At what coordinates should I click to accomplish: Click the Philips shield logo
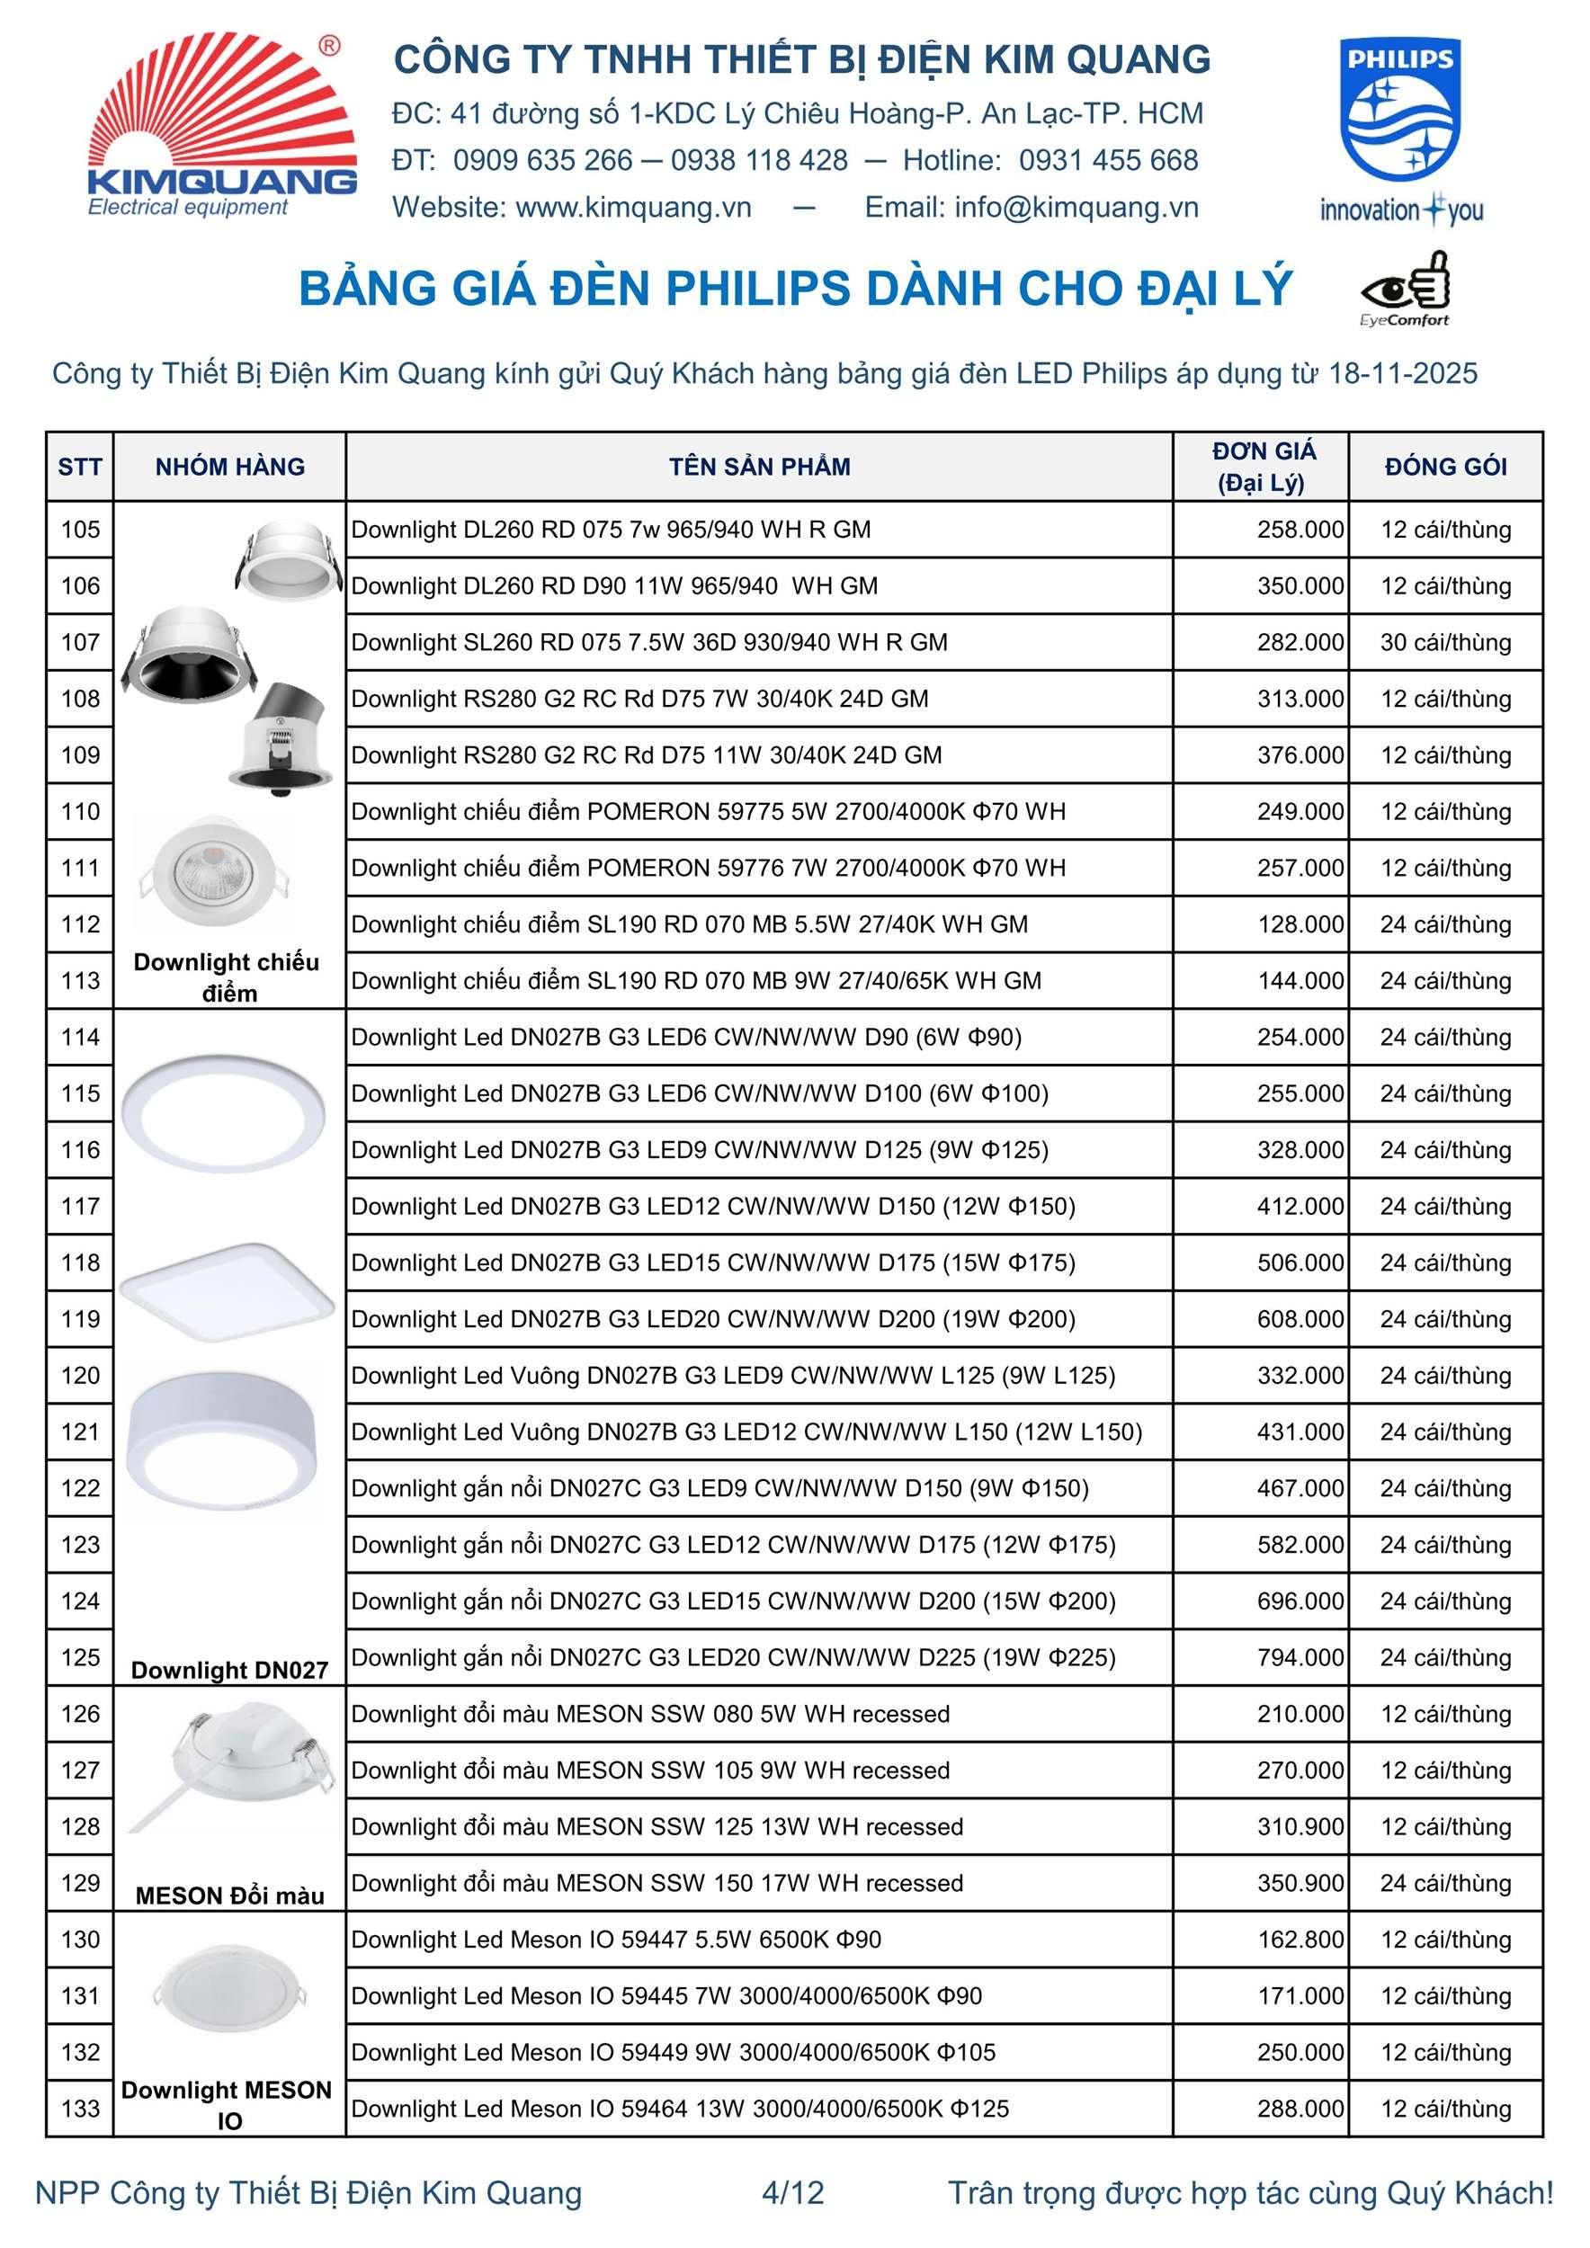(1400, 110)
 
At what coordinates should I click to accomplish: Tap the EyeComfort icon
(1404, 288)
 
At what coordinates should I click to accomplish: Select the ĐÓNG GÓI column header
(1445, 467)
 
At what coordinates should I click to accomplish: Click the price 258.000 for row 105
(1300, 530)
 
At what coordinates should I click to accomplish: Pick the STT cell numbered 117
(80, 1206)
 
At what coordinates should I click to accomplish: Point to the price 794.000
(1300, 1657)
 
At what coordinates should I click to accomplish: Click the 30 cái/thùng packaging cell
(1445, 642)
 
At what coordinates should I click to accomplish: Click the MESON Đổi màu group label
(230, 1896)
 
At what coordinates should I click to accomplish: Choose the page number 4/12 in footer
(793, 2192)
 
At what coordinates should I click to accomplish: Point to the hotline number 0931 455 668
(1108, 161)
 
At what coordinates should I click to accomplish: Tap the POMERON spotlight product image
(213, 870)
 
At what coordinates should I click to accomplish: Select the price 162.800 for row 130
(1300, 1940)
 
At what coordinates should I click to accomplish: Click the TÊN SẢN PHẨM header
(760, 467)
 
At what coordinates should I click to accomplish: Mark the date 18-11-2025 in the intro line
(1402, 374)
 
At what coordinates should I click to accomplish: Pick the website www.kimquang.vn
(633, 208)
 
